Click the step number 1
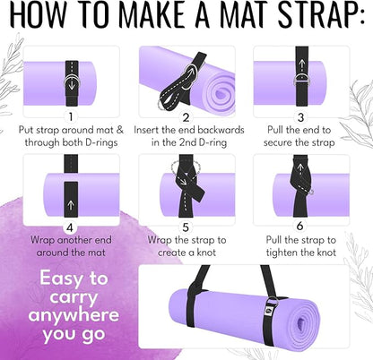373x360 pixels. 70,116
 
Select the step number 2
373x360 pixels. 186,116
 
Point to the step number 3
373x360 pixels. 301,116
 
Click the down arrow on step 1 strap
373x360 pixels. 70,77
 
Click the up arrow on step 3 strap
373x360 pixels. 301,64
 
